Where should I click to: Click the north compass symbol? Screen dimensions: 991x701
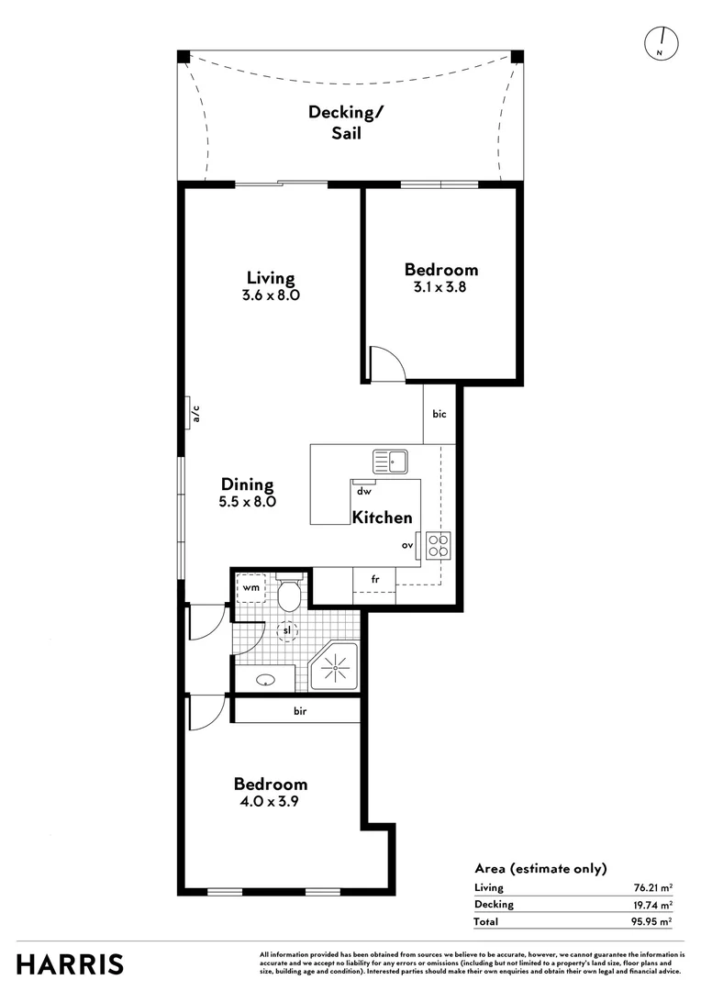tap(660, 42)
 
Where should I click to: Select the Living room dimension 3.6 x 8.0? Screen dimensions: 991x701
tap(271, 296)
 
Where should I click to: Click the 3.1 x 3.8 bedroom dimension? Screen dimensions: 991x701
tap(441, 287)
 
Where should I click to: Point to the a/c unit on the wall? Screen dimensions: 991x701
tap(191, 414)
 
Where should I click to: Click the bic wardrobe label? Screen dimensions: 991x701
tap(440, 415)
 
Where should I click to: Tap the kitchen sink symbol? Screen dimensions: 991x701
tap(390, 461)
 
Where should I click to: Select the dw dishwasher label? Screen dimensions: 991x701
tap(363, 491)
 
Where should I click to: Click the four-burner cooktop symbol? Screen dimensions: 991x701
tap(438, 546)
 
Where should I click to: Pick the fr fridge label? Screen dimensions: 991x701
tap(375, 580)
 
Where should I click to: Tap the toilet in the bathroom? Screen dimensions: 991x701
tap(289, 594)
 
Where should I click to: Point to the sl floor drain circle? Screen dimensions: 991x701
tap(286, 631)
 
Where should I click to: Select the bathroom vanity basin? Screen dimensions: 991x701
tap(266, 680)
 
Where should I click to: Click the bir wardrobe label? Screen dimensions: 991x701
tap(300, 711)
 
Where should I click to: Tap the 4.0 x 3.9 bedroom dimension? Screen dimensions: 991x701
tap(270, 801)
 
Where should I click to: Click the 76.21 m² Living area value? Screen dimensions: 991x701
tap(651, 887)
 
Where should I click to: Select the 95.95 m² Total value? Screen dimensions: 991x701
tap(651, 921)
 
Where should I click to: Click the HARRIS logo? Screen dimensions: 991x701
tap(70, 964)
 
